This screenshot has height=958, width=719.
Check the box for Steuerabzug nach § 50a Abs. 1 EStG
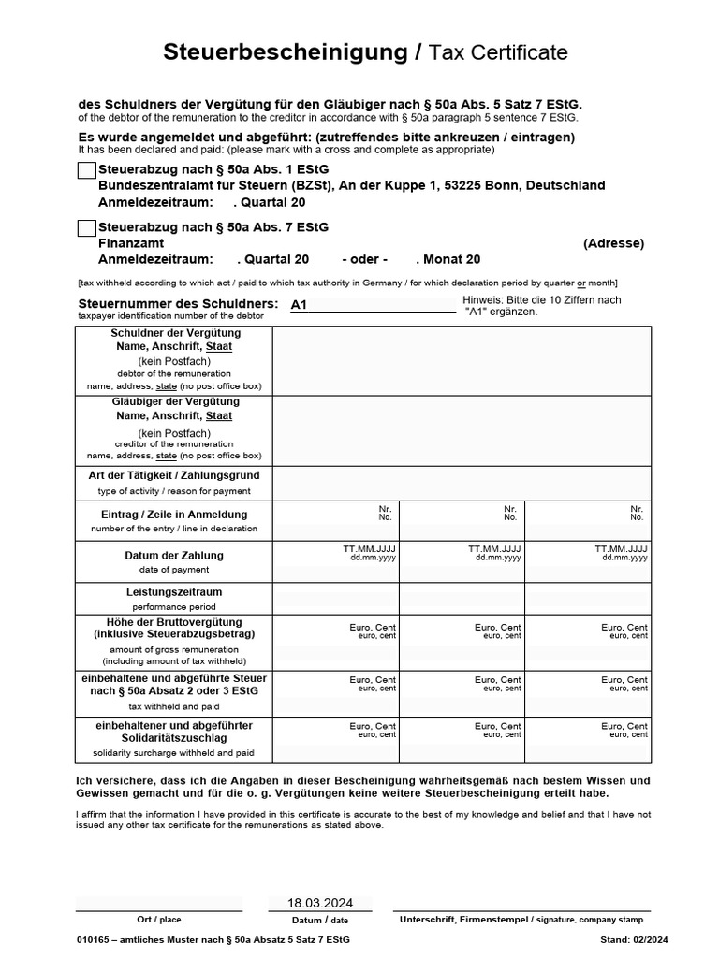[86, 170]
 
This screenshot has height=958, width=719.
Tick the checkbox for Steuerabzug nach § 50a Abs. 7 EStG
[86, 227]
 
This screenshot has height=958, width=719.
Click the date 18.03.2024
[320, 903]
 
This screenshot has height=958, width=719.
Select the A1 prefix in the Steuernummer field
[300, 305]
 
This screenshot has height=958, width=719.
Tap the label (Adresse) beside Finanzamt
[613, 243]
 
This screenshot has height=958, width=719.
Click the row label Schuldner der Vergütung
[173, 333]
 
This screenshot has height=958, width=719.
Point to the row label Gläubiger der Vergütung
[173, 401]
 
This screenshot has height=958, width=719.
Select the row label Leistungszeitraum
[173, 592]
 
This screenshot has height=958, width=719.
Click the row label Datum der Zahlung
[173, 556]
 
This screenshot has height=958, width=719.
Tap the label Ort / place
[158, 920]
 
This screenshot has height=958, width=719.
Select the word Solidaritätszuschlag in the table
[174, 738]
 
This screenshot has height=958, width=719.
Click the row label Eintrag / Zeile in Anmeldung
[173, 515]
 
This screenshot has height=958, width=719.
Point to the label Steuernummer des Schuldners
[177, 304]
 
